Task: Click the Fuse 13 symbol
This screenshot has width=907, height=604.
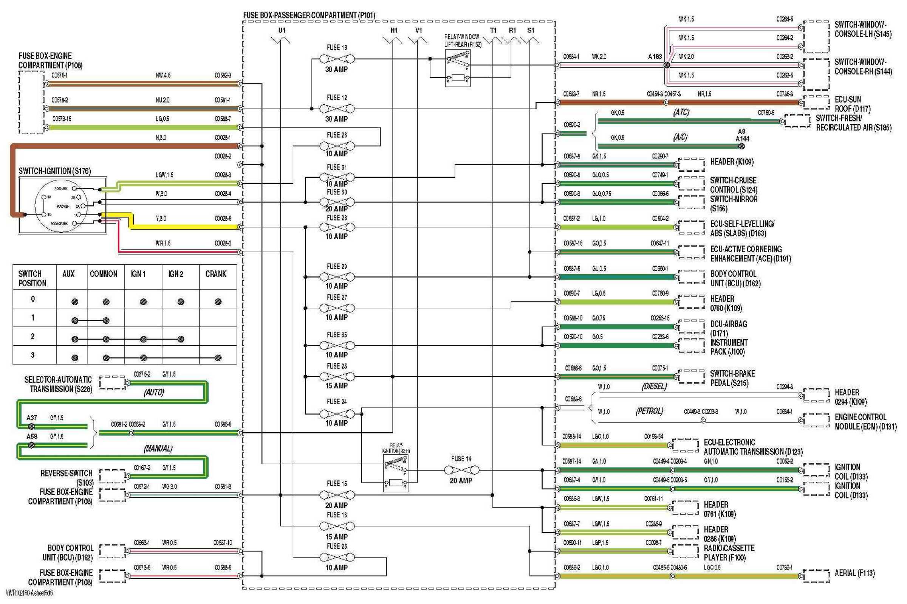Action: coord(337,59)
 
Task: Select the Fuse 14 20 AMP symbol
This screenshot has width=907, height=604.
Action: coord(461,470)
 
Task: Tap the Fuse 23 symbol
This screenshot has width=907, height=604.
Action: coord(337,557)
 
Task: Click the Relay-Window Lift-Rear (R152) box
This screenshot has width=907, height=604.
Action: coord(458,70)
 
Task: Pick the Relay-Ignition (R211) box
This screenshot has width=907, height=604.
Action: coord(396,473)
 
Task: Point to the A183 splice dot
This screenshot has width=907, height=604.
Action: coord(667,65)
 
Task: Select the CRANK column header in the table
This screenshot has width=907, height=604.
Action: coord(215,274)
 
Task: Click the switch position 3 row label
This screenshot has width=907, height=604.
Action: coord(33,355)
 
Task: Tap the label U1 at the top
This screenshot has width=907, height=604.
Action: coord(282,30)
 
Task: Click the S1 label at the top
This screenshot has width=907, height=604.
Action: coord(531,30)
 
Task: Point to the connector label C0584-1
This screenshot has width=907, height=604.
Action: coord(571,57)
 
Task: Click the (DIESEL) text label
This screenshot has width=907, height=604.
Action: coord(654,387)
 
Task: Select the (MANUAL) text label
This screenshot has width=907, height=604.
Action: coord(158,449)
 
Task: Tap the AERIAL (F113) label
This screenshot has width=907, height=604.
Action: coord(854,573)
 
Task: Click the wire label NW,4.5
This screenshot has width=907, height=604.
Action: coord(163,76)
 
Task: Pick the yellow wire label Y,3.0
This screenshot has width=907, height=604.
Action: coord(161,218)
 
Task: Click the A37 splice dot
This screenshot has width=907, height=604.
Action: coord(31,426)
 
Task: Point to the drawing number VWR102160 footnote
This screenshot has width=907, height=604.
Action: coord(29,593)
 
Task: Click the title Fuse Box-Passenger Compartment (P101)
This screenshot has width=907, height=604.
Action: coord(309,16)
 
